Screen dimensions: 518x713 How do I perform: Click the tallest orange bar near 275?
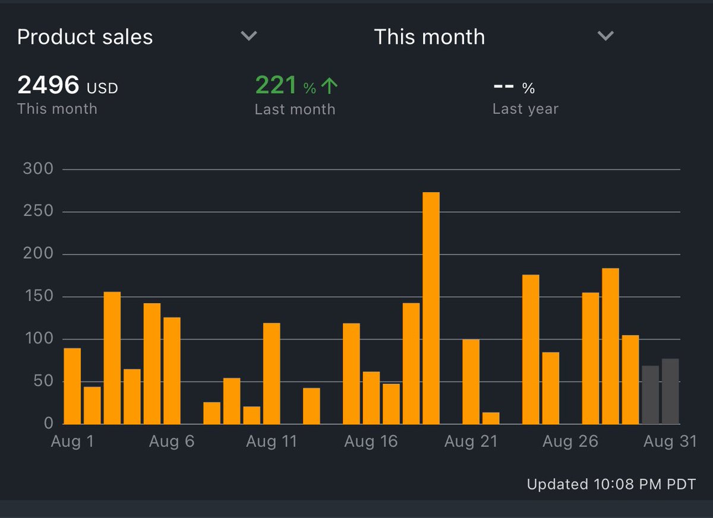[x=431, y=308]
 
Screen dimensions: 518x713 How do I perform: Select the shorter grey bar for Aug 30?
[x=651, y=395]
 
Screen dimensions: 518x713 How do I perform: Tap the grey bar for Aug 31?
[x=670, y=392]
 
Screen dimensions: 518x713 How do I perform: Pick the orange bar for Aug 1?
[x=72, y=386]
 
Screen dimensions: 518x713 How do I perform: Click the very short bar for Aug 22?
[x=491, y=418]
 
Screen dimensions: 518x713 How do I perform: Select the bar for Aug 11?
[x=272, y=373]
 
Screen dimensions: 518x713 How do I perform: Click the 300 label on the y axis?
[x=38, y=170]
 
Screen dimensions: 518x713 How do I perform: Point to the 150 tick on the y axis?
[x=38, y=297]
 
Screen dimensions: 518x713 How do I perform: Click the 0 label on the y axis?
[x=48, y=424]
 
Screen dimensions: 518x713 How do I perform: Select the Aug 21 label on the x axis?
[x=471, y=442]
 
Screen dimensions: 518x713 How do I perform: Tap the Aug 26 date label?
[x=570, y=442]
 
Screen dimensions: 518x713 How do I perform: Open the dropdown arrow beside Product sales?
[x=249, y=36]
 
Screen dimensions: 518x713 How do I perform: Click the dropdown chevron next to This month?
[x=605, y=36]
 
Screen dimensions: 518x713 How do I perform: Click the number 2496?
[x=48, y=85]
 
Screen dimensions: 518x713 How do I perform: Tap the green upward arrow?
[x=329, y=87]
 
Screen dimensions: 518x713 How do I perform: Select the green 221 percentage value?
[x=276, y=85]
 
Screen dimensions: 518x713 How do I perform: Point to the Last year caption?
[x=525, y=109]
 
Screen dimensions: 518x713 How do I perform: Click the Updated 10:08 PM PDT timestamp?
[x=611, y=484]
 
